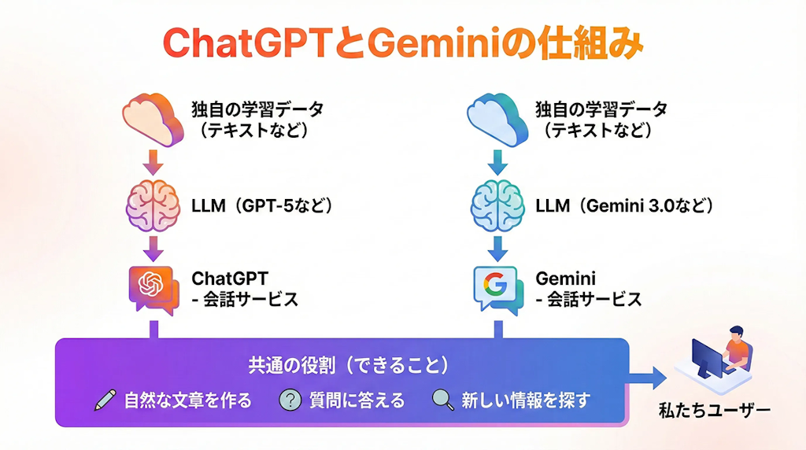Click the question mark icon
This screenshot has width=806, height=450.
click(x=290, y=400)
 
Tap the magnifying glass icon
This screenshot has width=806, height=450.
click(x=443, y=400)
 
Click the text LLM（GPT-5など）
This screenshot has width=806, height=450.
click(x=263, y=206)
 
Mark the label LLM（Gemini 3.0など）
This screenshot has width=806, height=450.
click(x=625, y=206)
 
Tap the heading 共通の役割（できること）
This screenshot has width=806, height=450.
click(x=349, y=365)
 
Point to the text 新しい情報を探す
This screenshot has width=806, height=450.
click(x=525, y=400)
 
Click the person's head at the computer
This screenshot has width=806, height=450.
click(x=734, y=333)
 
